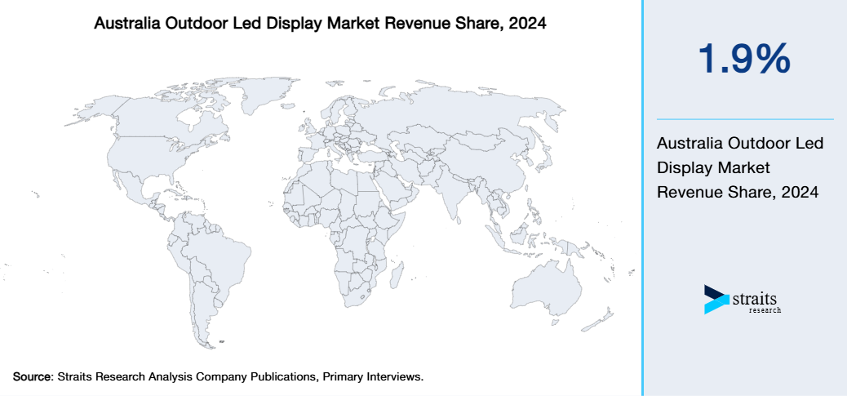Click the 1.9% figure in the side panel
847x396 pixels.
click(743, 60)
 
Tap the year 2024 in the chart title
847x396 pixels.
click(526, 24)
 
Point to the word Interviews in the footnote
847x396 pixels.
click(396, 376)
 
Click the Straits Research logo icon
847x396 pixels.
click(716, 300)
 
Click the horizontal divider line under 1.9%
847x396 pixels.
click(744, 119)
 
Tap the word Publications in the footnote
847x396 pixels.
click(282, 376)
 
